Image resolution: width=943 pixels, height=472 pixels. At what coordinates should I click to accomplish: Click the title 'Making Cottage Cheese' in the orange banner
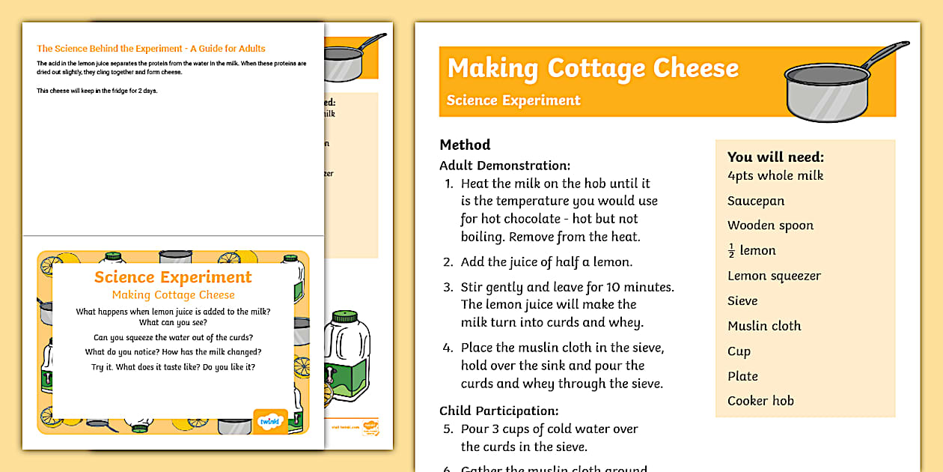coord(592,68)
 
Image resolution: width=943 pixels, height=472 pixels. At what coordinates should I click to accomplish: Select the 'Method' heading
coord(465,145)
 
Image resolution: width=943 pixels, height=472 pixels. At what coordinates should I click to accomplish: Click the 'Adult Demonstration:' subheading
coord(504,165)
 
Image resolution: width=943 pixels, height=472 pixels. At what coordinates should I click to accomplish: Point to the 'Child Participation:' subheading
coord(499,411)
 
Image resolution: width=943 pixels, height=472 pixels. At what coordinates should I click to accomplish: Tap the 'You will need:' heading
coord(775,157)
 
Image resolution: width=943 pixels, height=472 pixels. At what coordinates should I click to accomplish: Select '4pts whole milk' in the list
coord(775,175)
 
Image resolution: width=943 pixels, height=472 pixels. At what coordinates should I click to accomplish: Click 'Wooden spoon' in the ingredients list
coord(770,226)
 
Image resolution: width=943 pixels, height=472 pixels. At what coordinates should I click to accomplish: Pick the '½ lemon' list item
coord(751,251)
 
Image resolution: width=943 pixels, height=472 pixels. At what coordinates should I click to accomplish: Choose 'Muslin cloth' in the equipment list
coord(764,326)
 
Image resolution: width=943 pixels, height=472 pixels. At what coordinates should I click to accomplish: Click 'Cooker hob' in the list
coord(760,401)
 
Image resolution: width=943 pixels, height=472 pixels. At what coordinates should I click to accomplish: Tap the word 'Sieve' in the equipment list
coord(742,300)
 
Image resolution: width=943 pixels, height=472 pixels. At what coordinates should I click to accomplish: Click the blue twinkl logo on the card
coord(270,420)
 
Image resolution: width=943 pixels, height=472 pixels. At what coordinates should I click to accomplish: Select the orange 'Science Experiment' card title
coord(173,277)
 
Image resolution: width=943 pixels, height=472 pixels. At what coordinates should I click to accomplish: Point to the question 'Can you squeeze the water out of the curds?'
coord(173,337)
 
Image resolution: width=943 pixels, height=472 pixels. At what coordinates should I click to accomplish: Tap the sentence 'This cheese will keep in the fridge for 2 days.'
coord(97,91)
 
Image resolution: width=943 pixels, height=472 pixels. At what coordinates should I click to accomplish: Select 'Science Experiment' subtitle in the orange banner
coord(513,100)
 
